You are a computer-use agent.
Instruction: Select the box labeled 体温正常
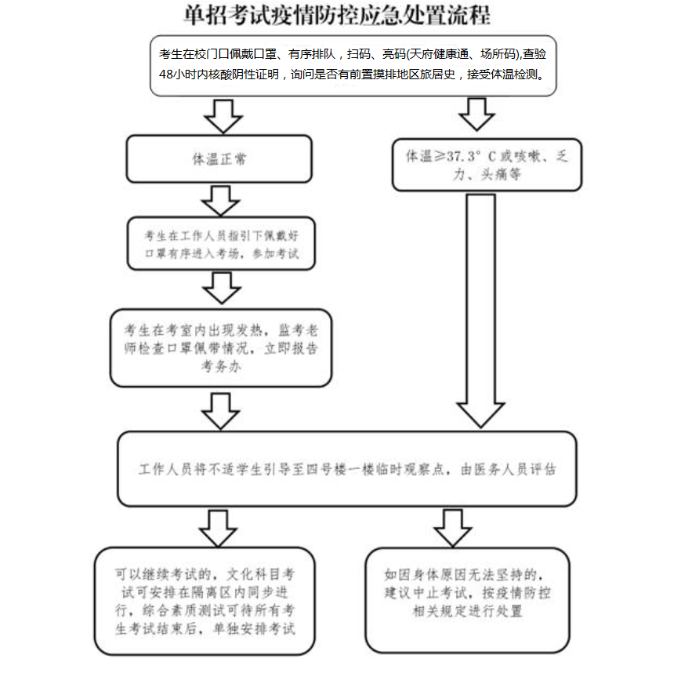click(x=219, y=158)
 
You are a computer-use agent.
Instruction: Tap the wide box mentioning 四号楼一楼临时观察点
click(x=346, y=469)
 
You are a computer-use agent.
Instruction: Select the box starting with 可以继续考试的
click(x=205, y=599)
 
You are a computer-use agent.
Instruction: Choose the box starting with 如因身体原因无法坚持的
click(x=466, y=599)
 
